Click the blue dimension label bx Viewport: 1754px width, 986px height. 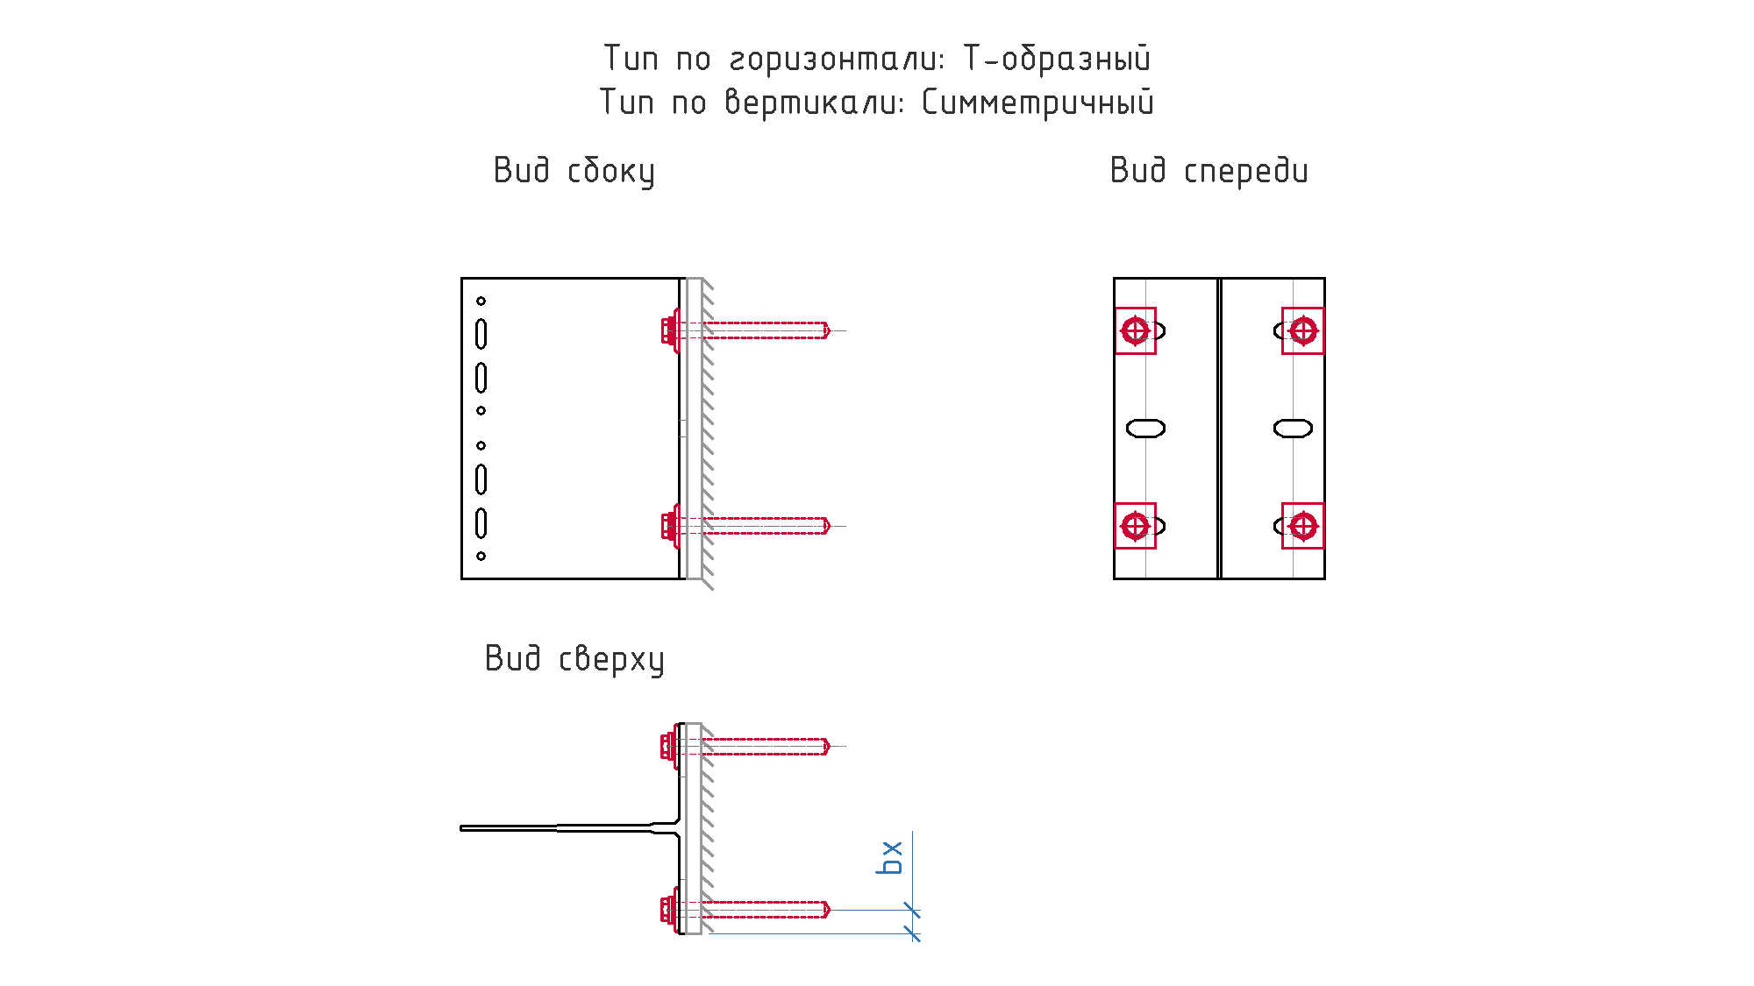[x=889, y=857]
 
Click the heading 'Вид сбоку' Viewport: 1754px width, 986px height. [x=574, y=171]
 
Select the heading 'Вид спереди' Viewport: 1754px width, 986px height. [x=1209, y=171]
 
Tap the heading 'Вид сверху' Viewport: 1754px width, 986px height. [x=574, y=659]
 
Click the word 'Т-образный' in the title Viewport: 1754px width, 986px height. [x=1058, y=59]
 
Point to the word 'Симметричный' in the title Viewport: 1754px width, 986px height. [x=1038, y=103]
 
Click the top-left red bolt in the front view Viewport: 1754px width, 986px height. [x=1136, y=331]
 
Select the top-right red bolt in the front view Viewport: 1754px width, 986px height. [x=1303, y=331]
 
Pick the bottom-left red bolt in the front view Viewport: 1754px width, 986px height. [x=1136, y=526]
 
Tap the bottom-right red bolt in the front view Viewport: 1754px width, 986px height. [x=1303, y=526]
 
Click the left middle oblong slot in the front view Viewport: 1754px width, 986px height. [x=1145, y=429]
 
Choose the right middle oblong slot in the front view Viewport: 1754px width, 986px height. [x=1293, y=429]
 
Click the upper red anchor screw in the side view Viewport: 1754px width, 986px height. [x=745, y=330]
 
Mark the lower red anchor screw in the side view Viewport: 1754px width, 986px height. [x=745, y=526]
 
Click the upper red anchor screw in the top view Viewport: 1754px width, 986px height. [x=745, y=746]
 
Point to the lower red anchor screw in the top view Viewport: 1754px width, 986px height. [x=745, y=910]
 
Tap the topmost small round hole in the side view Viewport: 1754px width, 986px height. [x=481, y=301]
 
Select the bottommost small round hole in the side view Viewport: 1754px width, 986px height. [x=481, y=556]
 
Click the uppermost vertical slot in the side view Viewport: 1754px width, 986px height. [x=481, y=334]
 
